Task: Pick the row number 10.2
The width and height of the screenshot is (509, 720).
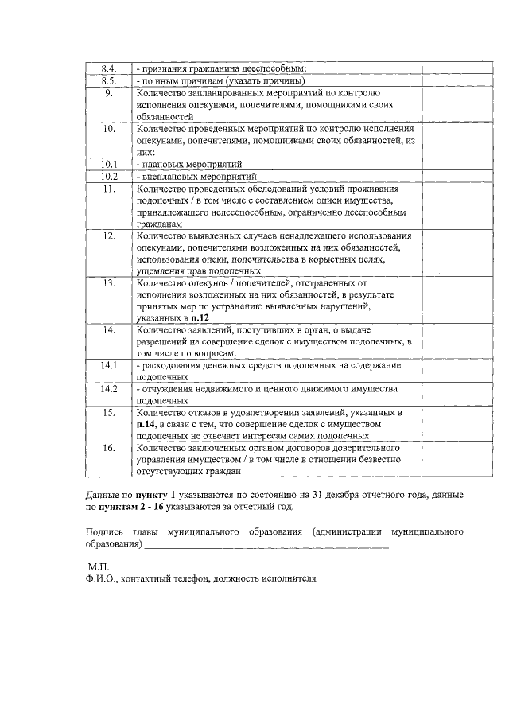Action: (x=110, y=176)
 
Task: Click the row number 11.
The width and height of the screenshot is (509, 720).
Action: (x=110, y=189)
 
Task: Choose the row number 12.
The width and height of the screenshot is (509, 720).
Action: (x=110, y=236)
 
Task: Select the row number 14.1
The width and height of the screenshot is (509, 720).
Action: (x=110, y=365)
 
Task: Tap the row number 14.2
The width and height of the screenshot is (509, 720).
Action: (x=110, y=389)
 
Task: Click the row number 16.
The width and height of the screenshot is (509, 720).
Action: (x=110, y=449)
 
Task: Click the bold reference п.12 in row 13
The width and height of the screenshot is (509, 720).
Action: (x=200, y=318)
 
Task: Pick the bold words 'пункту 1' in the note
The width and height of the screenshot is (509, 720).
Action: (x=158, y=495)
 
